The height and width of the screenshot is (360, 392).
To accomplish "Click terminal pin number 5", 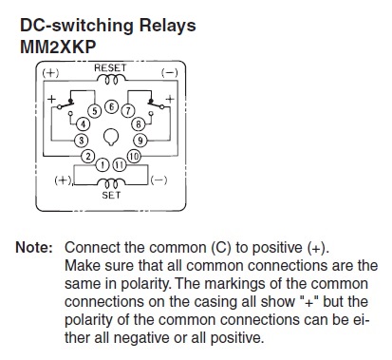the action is point(95,111).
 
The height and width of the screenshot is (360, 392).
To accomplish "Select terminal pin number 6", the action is point(111,107).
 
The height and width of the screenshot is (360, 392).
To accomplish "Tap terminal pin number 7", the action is point(128,111).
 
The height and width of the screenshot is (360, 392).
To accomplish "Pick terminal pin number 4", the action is point(83,123).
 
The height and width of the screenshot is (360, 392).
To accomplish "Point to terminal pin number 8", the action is point(139,124).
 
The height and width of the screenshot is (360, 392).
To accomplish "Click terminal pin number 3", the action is point(81,141).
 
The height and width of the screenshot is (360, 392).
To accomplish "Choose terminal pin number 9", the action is point(140,140).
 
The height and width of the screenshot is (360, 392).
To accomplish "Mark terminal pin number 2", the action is point(88,156).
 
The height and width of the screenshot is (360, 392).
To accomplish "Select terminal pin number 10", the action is point(134,156).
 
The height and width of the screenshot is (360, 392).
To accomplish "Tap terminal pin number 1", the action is point(103,164).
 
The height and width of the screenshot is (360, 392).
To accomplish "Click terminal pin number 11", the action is point(120,164).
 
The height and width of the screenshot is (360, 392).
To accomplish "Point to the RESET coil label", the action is point(110,67).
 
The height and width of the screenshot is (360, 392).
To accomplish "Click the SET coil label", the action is point(111,195).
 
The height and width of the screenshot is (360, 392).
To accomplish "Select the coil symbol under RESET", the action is point(111,80).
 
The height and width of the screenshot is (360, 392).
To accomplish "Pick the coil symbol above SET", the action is point(111,182).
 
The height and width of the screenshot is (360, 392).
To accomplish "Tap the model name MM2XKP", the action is point(58,47).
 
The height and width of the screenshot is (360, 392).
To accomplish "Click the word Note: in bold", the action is point(34,247).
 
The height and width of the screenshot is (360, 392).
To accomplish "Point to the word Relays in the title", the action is point(168,26).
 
